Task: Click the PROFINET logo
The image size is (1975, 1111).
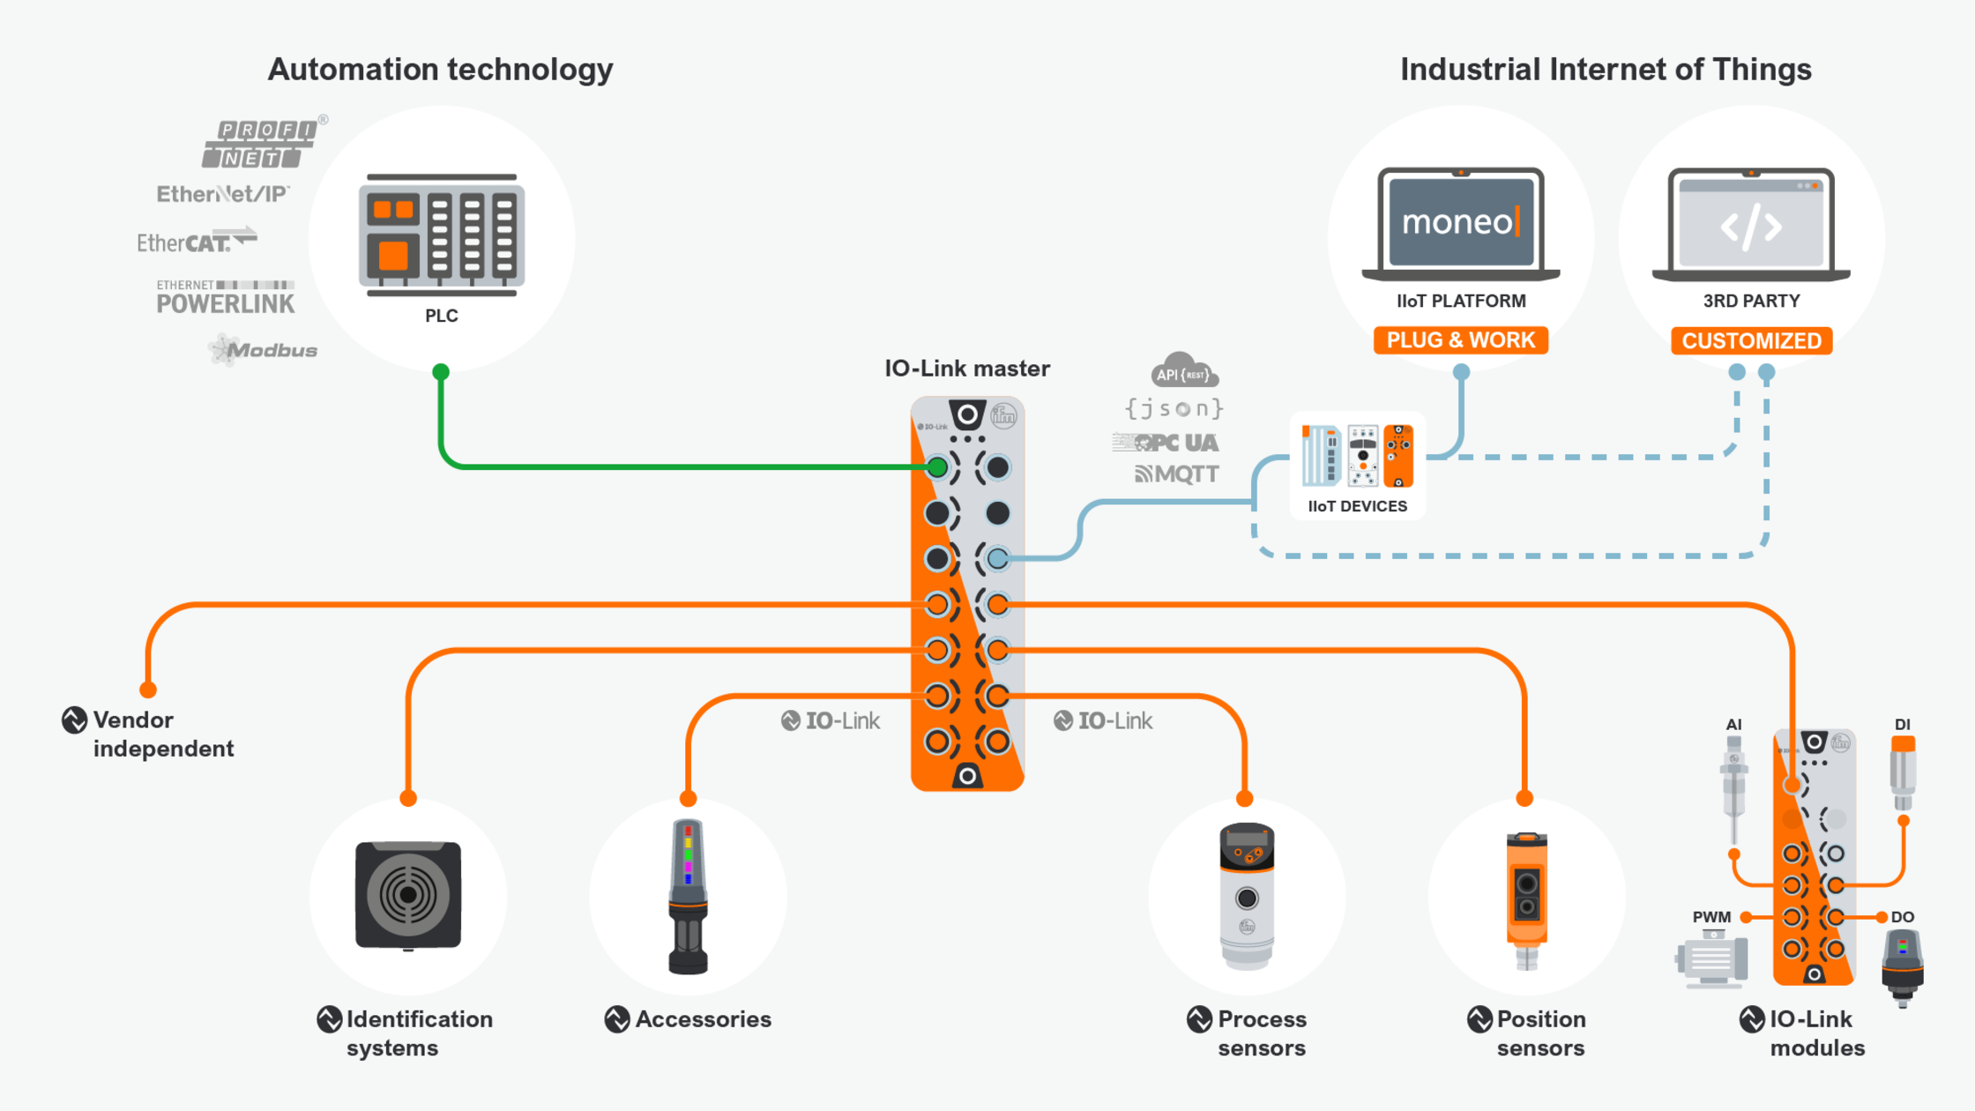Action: [x=259, y=144]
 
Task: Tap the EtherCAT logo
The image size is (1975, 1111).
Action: [x=196, y=241]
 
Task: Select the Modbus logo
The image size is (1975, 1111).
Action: [x=265, y=350]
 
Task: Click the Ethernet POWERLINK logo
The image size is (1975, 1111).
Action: [x=225, y=297]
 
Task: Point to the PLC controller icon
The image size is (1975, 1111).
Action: [x=441, y=235]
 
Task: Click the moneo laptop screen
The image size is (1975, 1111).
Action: [x=1460, y=221]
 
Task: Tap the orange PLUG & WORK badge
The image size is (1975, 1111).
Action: [x=1460, y=340]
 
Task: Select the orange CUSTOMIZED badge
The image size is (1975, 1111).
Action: [x=1750, y=341]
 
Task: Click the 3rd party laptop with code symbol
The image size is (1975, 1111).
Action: [x=1750, y=224]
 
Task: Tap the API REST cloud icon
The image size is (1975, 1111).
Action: [x=1183, y=370]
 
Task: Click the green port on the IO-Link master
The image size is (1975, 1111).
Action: [x=937, y=467]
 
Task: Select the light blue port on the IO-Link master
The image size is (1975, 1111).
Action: [x=997, y=558]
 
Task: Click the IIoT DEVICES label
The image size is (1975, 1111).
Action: [x=1357, y=506]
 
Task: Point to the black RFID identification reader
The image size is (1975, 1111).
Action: [x=407, y=895]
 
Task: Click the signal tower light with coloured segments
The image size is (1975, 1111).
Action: [x=688, y=895]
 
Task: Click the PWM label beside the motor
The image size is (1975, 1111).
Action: [x=1710, y=917]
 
